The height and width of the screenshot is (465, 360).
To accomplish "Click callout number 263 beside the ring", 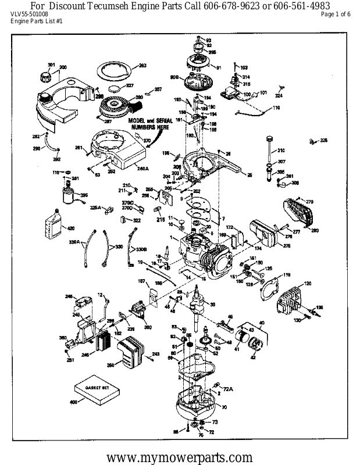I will pyautogui.click(x=141, y=65).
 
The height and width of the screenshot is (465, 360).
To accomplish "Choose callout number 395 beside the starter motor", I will pyautogui.click(x=84, y=195).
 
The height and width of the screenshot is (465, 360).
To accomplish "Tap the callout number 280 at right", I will pyautogui.click(x=315, y=231).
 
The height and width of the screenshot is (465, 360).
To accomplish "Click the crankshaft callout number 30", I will pyautogui.click(x=212, y=304).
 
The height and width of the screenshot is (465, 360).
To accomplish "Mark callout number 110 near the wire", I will pyautogui.click(x=276, y=108).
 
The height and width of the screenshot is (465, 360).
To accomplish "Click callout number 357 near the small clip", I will pyautogui.click(x=158, y=89).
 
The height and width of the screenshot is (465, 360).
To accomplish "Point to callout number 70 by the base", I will pyautogui.click(x=224, y=407).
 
